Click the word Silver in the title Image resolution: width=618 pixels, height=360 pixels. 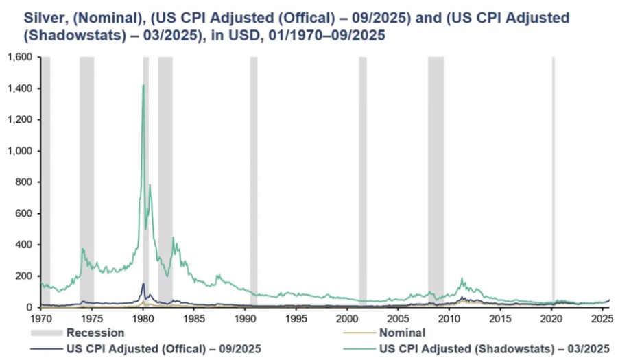[25, 14]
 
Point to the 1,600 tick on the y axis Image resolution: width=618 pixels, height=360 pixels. [21, 58]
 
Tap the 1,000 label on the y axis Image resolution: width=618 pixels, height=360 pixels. [21, 151]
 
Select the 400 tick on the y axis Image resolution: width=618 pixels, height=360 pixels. [25, 245]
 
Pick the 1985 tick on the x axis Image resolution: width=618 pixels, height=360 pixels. [194, 319]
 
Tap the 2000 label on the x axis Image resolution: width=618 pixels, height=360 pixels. [348, 319]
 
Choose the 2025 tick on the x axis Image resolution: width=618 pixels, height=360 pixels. [602, 319]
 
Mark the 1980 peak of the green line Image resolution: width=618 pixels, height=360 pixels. [143, 86]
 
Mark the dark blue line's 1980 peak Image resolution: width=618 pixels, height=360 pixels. [143, 284]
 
